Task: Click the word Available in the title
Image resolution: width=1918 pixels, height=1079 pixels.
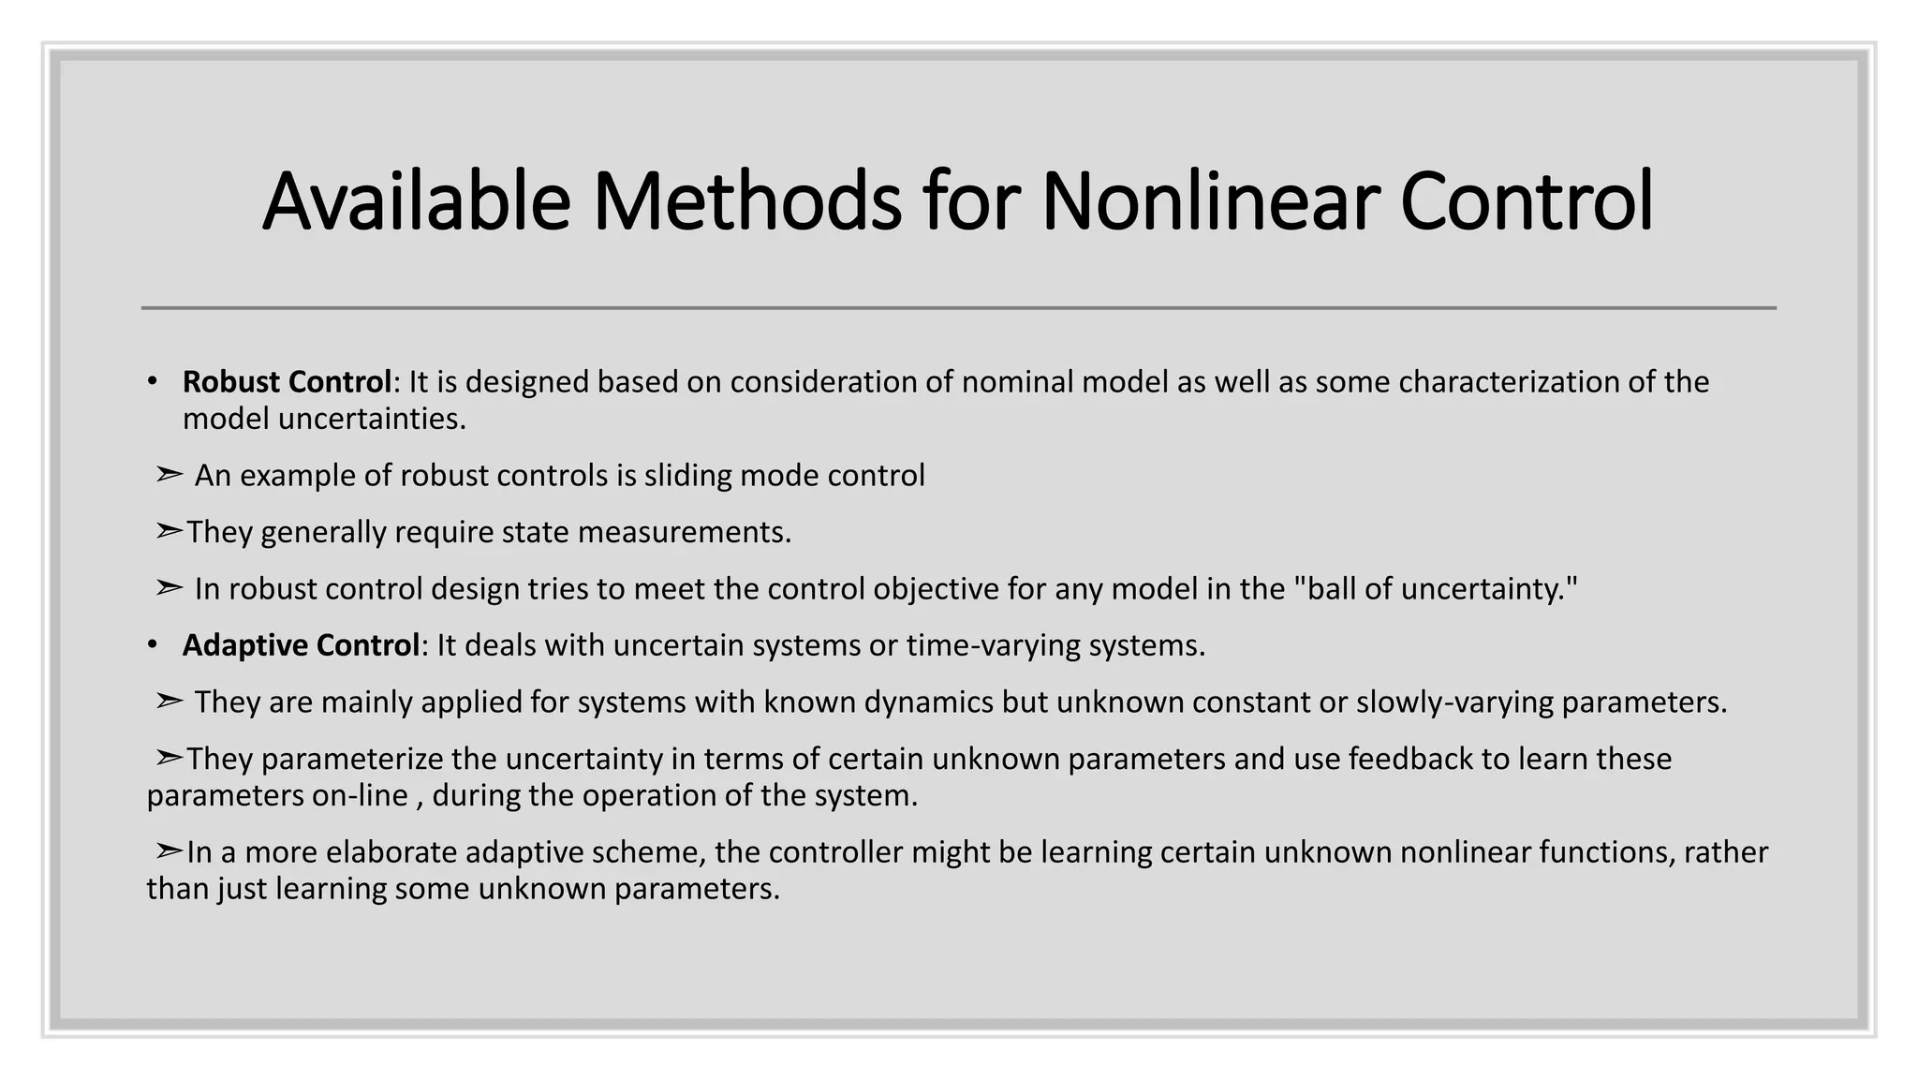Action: [416, 201]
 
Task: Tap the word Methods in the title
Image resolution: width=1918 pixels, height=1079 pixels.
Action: [746, 201]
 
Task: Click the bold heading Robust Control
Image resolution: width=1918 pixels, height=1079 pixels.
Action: [287, 382]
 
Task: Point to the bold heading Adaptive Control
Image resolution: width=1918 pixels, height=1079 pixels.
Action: [301, 645]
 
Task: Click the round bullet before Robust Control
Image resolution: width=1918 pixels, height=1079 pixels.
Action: [152, 382]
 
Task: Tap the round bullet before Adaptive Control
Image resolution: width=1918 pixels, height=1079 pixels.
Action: [152, 645]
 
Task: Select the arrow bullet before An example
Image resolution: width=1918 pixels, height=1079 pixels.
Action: [169, 476]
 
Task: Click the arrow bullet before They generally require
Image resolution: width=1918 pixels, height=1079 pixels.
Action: [169, 532]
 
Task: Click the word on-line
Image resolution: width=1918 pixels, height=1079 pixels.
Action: [371, 795]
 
